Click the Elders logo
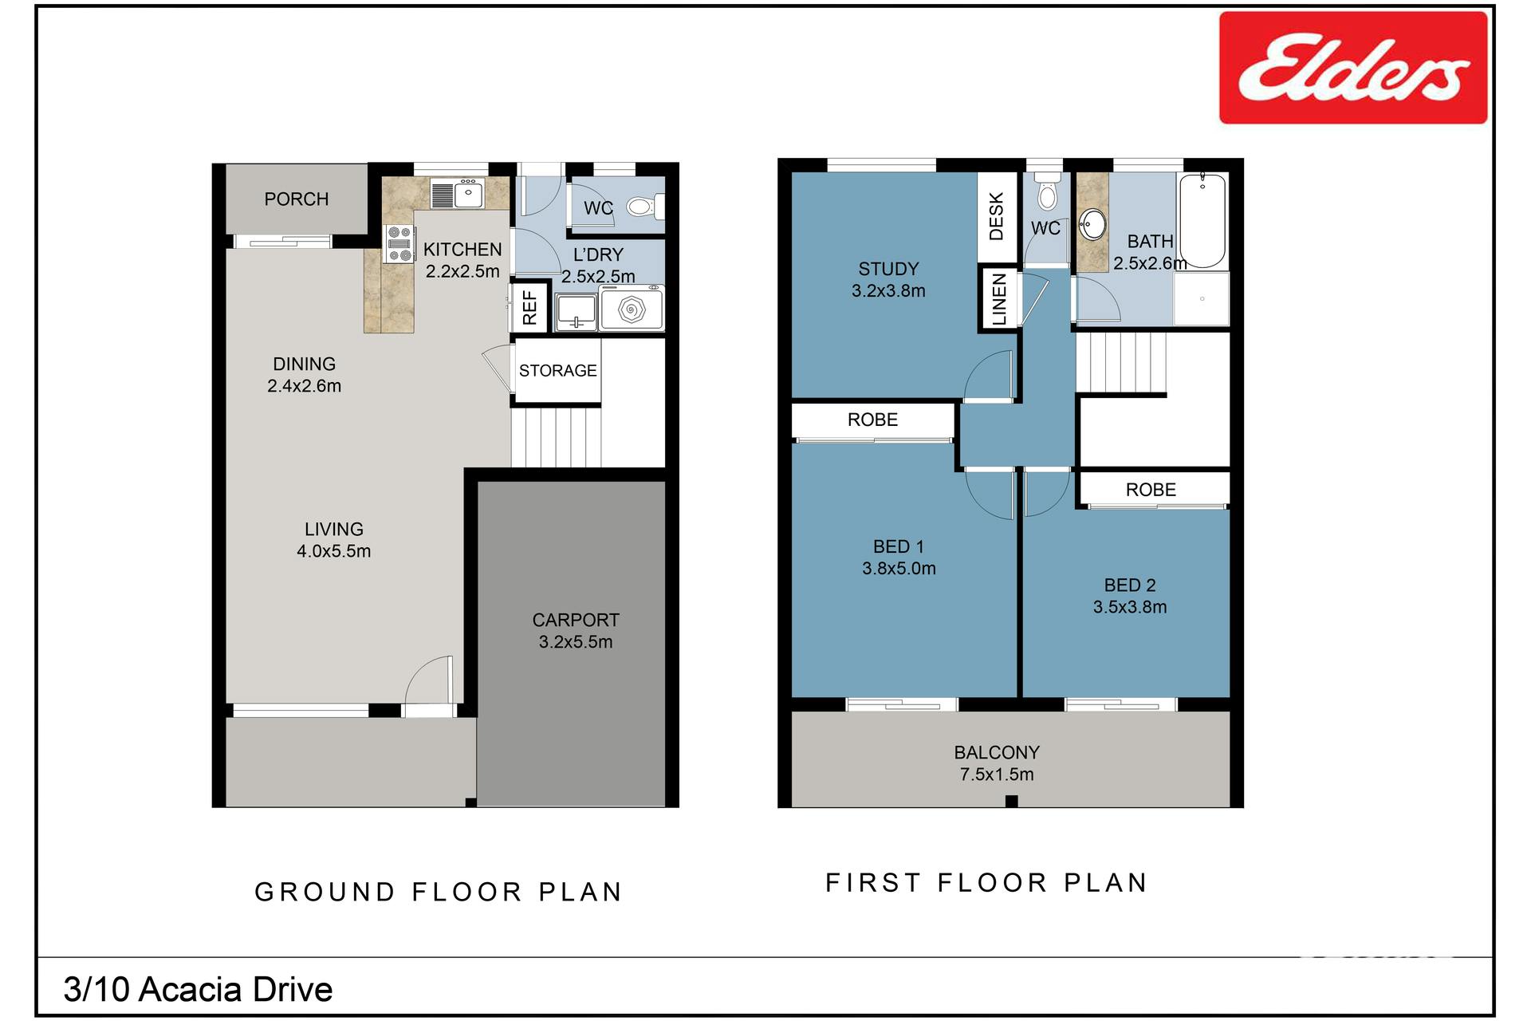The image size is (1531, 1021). point(1353,68)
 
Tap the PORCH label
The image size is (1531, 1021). point(297,199)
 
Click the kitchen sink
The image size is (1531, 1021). point(458,193)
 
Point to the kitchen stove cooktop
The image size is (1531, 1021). point(399,244)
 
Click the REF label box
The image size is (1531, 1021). point(530,307)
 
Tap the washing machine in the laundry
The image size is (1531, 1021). point(632,309)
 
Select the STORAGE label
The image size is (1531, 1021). point(558,370)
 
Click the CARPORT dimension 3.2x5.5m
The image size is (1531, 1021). point(576,642)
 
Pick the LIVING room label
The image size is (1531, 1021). point(334,529)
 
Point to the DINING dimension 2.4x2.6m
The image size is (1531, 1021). point(304,386)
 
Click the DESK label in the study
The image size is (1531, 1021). point(997,216)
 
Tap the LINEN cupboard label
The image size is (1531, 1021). point(999,299)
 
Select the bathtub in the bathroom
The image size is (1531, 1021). point(1202,220)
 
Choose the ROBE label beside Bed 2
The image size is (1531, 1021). point(1151,490)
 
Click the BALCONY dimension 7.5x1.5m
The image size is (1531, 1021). point(997,775)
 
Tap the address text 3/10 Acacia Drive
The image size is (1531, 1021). point(198,989)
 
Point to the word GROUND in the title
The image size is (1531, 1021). point(325,892)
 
